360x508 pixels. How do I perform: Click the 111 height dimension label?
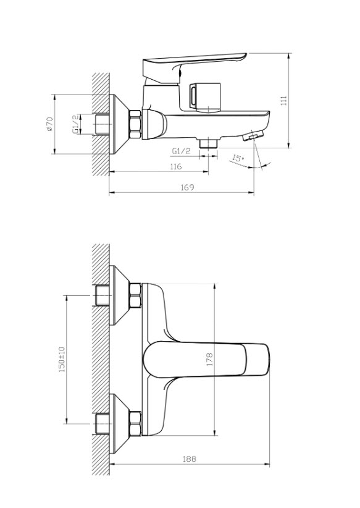click(284, 101)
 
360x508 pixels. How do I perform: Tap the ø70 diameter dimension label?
click(49, 124)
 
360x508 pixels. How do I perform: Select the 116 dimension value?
click(176, 166)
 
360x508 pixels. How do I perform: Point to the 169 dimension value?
click(187, 187)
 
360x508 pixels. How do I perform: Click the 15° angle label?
click(238, 159)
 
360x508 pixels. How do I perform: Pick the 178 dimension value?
click(209, 360)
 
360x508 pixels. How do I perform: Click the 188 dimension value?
click(190, 459)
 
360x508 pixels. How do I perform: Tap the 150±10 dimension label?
click(62, 359)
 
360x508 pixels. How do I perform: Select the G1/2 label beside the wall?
click(75, 124)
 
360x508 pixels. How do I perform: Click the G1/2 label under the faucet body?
click(182, 151)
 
